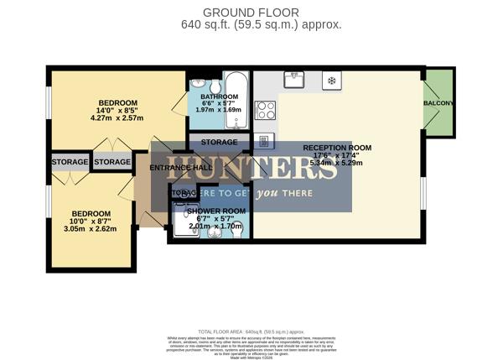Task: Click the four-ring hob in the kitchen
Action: [266, 110]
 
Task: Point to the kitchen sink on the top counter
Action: [294, 81]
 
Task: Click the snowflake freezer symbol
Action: [331, 81]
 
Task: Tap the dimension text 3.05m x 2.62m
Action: [91, 227]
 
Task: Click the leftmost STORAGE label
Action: [70, 162]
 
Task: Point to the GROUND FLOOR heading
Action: [251, 12]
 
